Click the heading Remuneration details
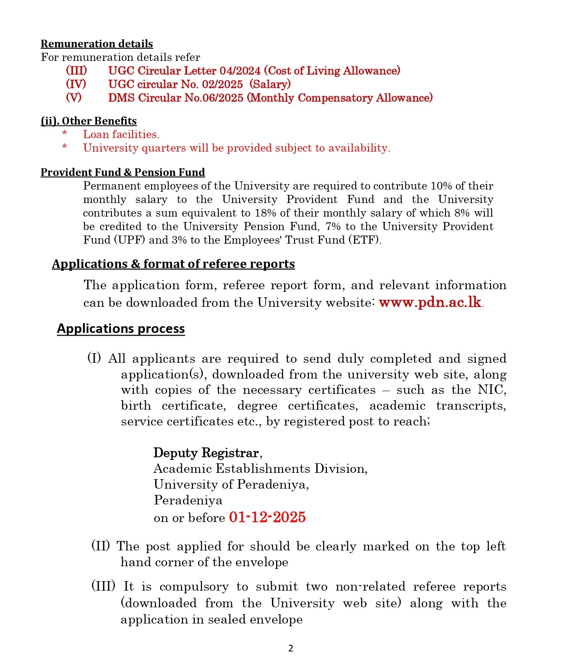(x=97, y=44)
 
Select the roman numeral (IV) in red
(x=76, y=84)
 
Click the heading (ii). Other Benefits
(x=88, y=121)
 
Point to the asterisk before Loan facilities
(x=64, y=134)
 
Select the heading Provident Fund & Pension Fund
(x=123, y=172)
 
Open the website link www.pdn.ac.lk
(x=430, y=302)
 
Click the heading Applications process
(x=121, y=328)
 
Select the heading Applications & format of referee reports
(x=173, y=264)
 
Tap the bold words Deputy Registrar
(x=206, y=453)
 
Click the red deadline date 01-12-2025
(x=267, y=517)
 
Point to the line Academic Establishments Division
(x=260, y=469)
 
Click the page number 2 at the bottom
(x=290, y=648)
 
